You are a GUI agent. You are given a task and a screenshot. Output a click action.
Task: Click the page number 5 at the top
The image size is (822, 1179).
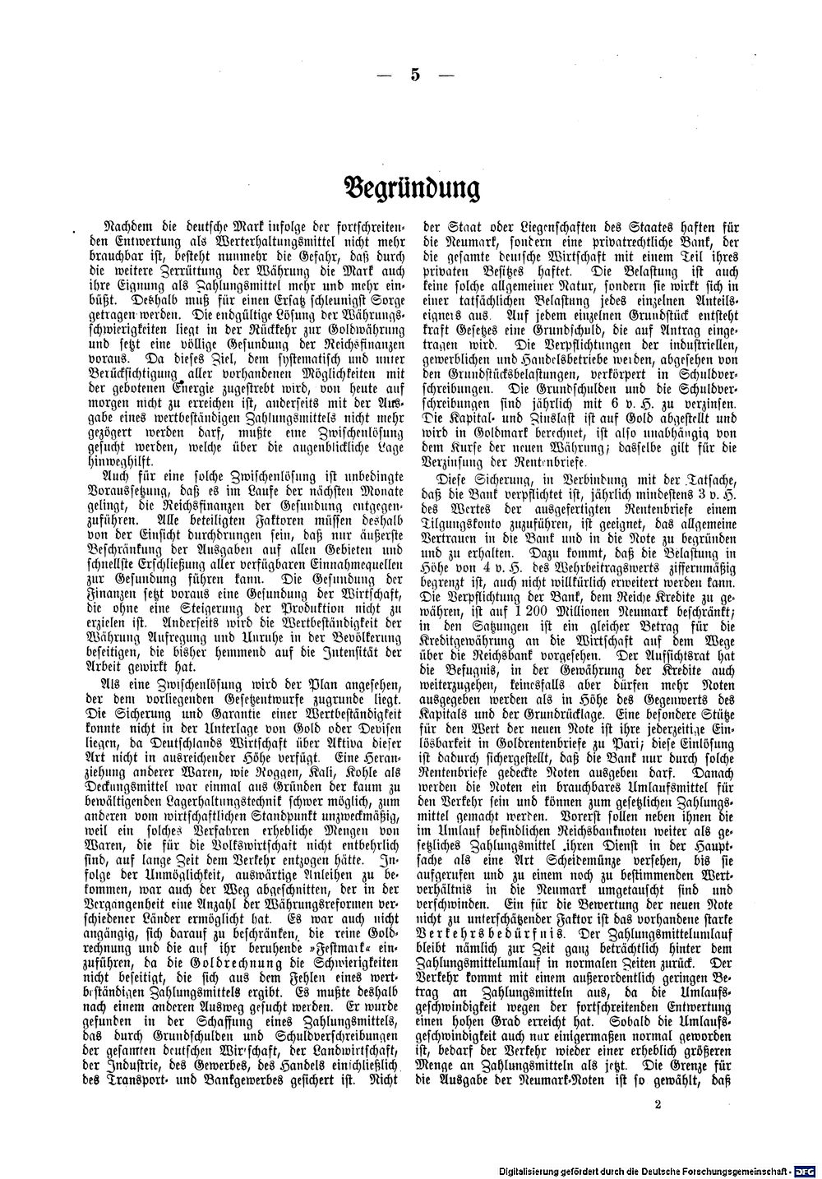point(414,75)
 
